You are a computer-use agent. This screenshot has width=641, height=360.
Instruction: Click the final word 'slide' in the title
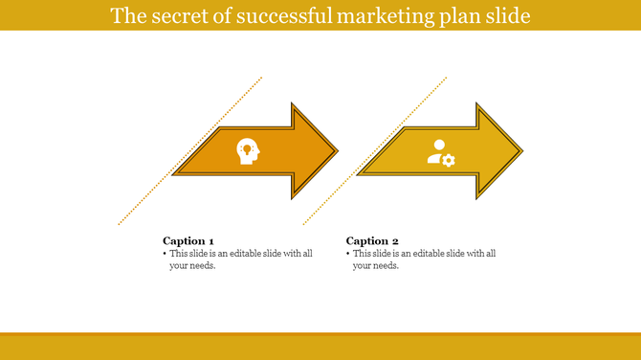(x=504, y=16)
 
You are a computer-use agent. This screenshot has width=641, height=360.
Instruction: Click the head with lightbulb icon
(x=248, y=151)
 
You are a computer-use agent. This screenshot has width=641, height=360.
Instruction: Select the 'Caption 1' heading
(x=188, y=240)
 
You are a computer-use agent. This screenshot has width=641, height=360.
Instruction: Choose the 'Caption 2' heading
(x=372, y=240)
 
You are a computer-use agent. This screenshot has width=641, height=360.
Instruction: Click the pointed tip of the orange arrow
(x=337, y=151)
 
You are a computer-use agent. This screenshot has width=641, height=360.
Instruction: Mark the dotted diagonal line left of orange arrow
(x=190, y=151)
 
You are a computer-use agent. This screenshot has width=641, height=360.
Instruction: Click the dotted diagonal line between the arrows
(x=374, y=151)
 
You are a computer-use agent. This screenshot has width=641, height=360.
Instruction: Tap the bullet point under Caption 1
(x=165, y=254)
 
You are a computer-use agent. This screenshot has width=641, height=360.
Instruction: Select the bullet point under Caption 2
(x=347, y=254)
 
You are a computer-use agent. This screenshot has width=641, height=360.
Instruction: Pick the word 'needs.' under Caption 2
(x=385, y=266)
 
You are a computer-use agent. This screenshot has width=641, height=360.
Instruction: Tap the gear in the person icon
(x=449, y=160)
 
